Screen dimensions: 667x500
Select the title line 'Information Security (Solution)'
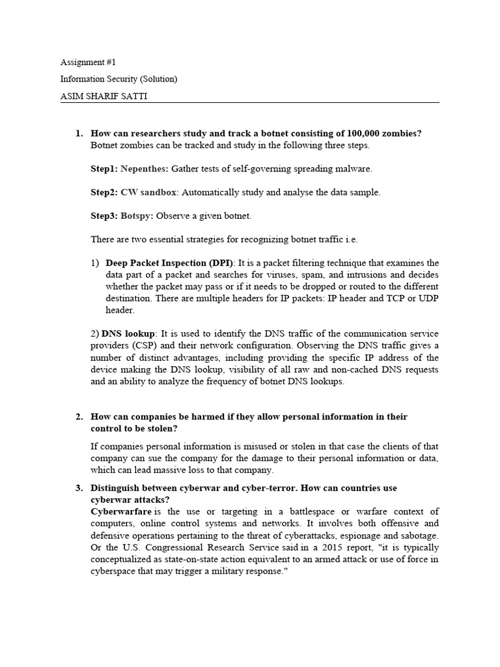click(x=118, y=79)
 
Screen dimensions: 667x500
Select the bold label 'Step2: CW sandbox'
click(x=134, y=192)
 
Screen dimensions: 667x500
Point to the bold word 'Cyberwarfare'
click(x=120, y=511)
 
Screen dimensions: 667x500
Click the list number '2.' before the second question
click(x=79, y=417)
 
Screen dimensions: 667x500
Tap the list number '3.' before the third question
click(x=79, y=488)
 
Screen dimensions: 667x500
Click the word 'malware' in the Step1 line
click(x=355, y=169)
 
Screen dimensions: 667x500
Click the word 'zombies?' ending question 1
click(x=402, y=134)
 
